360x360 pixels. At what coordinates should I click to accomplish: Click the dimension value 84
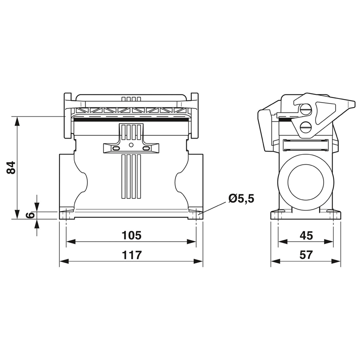tap(11, 167)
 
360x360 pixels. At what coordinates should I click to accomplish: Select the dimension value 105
tap(131, 235)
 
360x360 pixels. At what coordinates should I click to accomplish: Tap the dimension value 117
tap(131, 255)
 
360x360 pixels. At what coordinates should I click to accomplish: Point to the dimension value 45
tap(306, 235)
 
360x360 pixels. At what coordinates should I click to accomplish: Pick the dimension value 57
tap(306, 255)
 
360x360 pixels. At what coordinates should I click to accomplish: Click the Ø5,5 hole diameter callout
tap(241, 198)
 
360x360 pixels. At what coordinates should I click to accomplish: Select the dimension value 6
tap(30, 215)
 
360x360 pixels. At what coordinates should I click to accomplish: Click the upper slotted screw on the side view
tap(306, 110)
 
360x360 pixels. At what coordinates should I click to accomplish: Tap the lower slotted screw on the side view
tap(306, 126)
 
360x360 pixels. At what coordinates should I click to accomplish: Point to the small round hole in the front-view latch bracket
tap(131, 144)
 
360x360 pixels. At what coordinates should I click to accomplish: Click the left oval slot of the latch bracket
tap(116, 148)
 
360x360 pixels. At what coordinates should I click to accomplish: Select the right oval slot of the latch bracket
tap(146, 148)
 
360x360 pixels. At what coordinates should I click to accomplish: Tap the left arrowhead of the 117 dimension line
tap(64, 261)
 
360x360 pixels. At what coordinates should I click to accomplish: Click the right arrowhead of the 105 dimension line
tap(191, 242)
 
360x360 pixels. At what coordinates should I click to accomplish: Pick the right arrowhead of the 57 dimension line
tap(336, 261)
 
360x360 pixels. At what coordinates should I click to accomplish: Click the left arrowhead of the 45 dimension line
tap(283, 242)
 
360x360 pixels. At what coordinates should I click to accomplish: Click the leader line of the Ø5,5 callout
tap(212, 208)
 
